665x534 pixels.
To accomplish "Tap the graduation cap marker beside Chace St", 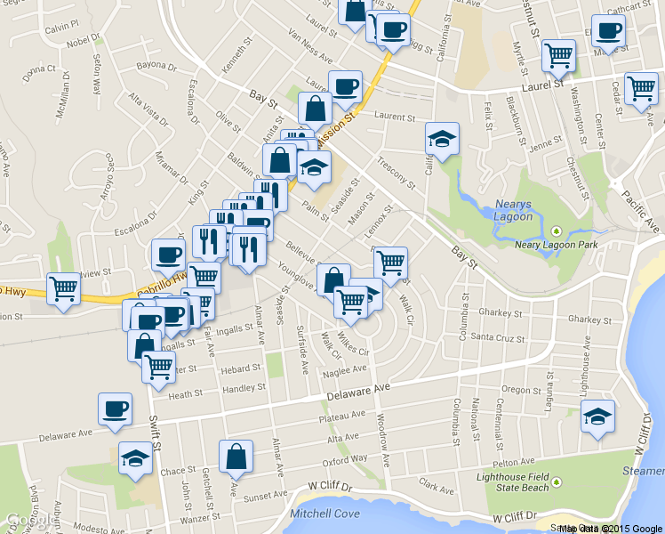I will coord(135,457).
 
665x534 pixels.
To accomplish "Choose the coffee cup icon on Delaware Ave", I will coord(115,409).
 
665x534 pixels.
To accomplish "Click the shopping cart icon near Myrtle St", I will coord(558,55).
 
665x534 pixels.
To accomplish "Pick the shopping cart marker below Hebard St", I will coord(158,365).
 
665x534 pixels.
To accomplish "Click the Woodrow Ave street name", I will coord(385,445).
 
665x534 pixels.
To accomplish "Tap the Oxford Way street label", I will coord(345,460).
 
